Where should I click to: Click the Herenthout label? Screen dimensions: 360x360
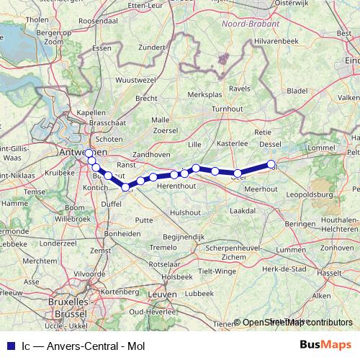(x=176, y=185)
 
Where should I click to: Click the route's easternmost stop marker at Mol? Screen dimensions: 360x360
(x=271, y=165)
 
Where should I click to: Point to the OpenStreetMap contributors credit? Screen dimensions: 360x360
(x=297, y=322)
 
